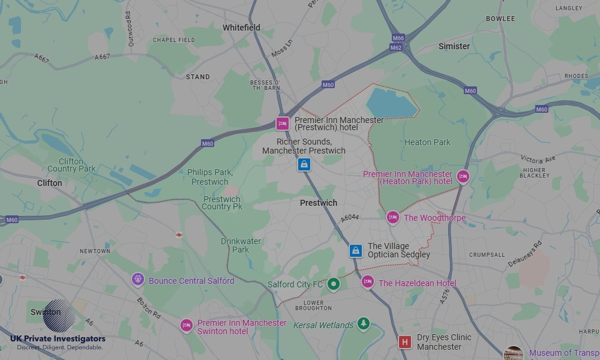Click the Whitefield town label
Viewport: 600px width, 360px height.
[x=241, y=28]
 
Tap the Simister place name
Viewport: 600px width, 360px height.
[x=454, y=46]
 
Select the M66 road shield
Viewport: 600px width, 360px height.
[x=398, y=38]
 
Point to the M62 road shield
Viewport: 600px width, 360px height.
[x=396, y=47]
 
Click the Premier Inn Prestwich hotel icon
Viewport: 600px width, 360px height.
[x=282, y=124]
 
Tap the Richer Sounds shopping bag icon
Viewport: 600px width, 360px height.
[x=304, y=164]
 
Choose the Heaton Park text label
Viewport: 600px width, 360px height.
[x=427, y=142]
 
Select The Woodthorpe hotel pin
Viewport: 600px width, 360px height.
[x=392, y=218]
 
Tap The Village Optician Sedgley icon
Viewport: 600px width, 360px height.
[x=356, y=250]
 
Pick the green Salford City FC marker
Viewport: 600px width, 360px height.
[x=334, y=284]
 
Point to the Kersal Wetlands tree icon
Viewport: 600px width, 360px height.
[x=363, y=325]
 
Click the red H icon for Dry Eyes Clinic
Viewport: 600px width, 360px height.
[x=405, y=342]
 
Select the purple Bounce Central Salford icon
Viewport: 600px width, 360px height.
[x=138, y=280]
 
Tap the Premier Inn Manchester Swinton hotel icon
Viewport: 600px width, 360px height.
[x=187, y=326]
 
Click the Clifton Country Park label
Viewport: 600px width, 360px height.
[x=71, y=165]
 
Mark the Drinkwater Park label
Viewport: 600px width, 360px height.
[x=241, y=245]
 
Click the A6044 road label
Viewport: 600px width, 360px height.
[x=349, y=218]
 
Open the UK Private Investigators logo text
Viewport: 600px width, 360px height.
[x=58, y=339]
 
